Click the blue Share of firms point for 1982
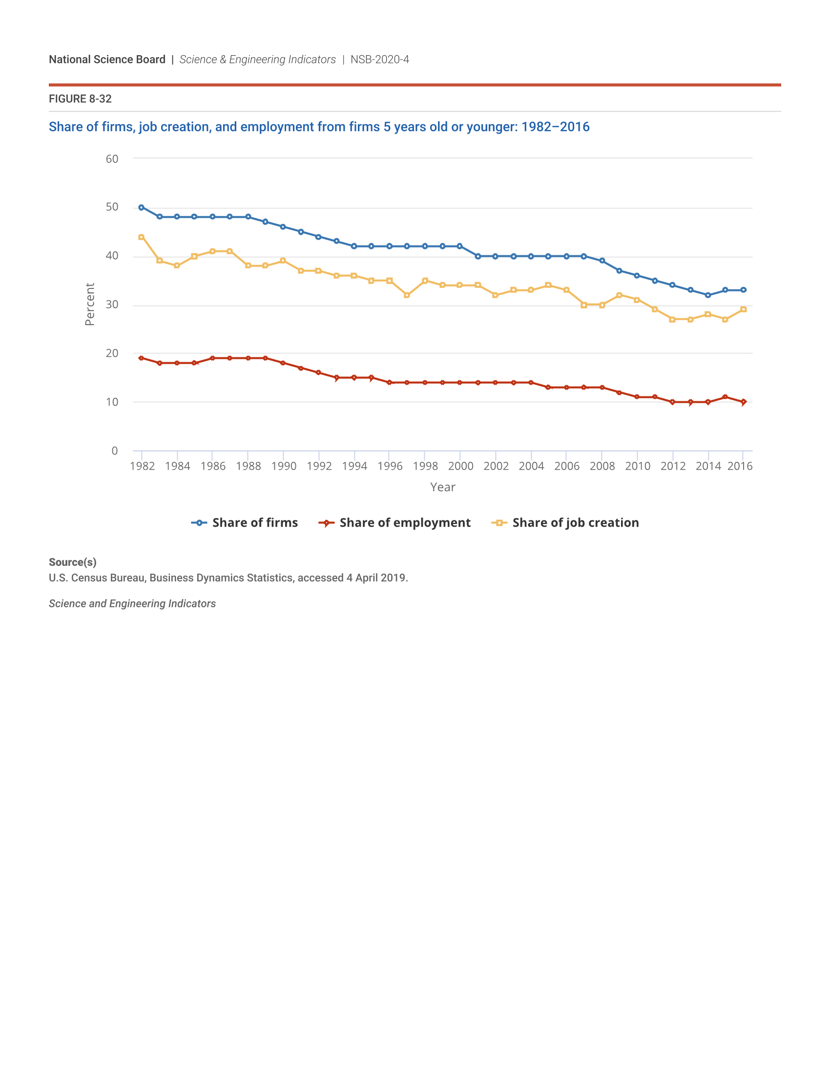[142, 207]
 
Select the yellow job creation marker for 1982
[142, 237]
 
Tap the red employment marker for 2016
[744, 402]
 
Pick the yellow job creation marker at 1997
[407, 295]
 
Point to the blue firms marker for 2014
[708, 295]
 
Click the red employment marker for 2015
[725, 397]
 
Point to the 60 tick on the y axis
[112, 159]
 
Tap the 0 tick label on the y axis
[115, 451]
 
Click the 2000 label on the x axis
[461, 466]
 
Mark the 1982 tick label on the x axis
[143, 466]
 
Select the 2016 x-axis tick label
[740, 466]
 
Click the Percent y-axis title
[89, 304]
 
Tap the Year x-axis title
[442, 487]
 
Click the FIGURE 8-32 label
[80, 99]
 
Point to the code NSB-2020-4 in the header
[379, 60]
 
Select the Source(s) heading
[72, 562]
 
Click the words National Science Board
[107, 60]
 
